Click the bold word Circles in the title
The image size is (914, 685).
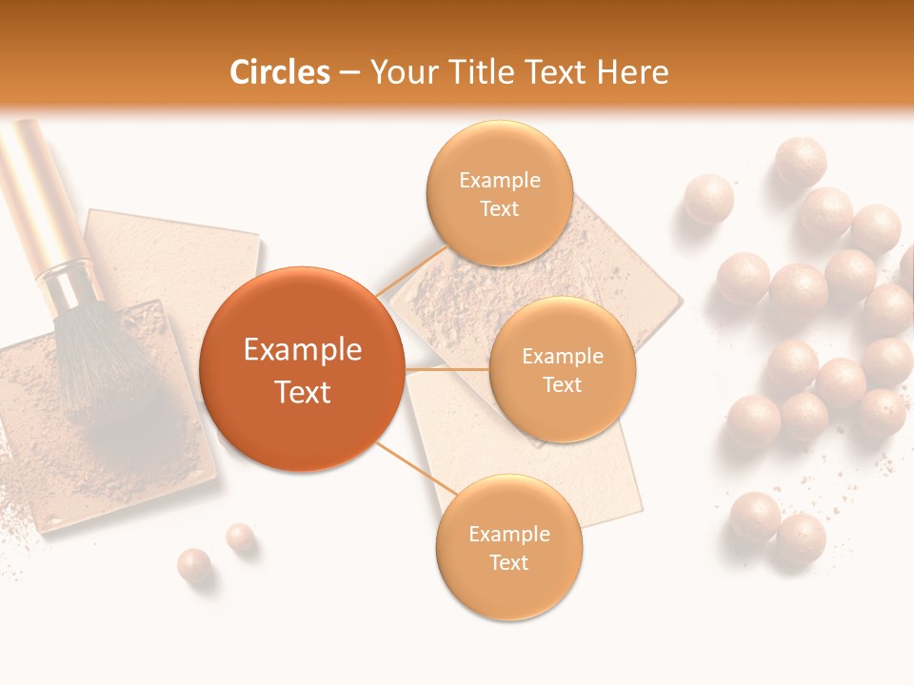coord(279,72)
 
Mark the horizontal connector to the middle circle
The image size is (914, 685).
coord(447,369)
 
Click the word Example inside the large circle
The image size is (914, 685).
coord(302,350)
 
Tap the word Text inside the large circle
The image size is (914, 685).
coord(302,392)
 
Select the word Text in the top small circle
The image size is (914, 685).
coord(499,209)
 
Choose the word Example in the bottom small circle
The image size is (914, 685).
coord(508,535)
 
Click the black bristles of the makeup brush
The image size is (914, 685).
coord(100,362)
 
